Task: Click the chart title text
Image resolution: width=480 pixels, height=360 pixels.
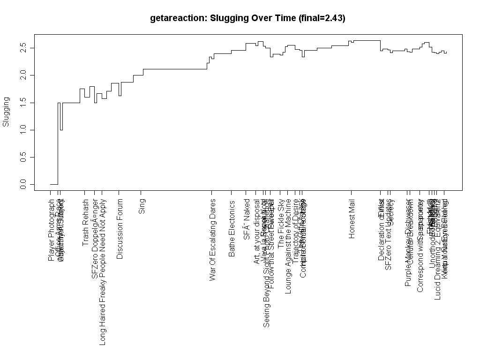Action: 247,19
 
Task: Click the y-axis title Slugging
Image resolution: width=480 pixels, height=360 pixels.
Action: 6,112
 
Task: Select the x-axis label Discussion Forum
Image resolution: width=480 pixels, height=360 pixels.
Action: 120,229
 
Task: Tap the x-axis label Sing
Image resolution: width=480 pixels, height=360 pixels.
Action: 142,207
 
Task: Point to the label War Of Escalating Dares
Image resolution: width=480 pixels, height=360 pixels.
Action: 213,240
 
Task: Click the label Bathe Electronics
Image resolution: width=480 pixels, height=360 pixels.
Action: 232,228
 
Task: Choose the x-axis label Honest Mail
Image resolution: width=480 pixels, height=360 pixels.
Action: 352,218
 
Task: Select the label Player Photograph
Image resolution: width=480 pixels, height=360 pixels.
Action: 51,230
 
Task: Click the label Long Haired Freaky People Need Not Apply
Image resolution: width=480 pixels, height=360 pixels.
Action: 103,272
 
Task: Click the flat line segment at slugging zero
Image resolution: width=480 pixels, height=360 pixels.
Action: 54,184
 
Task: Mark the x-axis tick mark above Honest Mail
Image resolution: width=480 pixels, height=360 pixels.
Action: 351,193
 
